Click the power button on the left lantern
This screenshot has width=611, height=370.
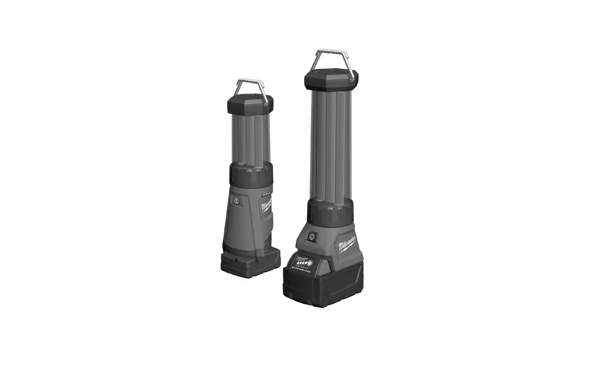[x=236, y=201]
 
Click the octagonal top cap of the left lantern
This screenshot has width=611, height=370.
[x=250, y=103]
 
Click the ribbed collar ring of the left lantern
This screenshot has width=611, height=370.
[x=250, y=175]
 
